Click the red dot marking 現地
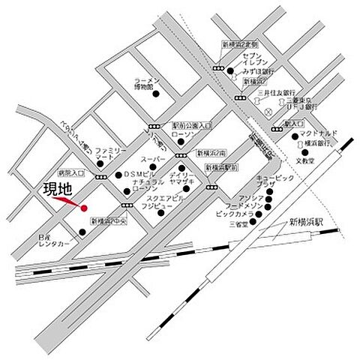(84, 208)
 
